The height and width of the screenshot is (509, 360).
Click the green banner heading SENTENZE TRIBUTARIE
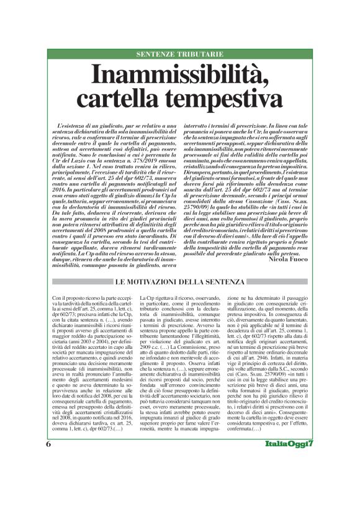point(180,54)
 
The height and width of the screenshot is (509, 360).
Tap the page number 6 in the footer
point(48,480)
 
